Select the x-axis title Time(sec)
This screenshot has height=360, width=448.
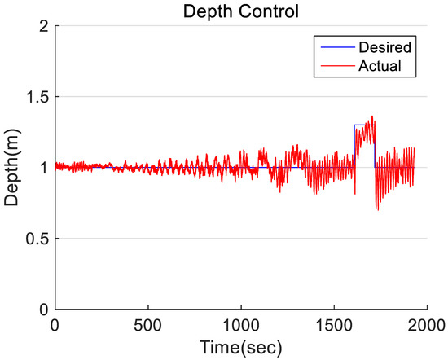(x=241, y=348)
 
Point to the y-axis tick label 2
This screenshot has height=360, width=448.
(x=42, y=26)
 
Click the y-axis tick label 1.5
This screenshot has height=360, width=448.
(x=35, y=97)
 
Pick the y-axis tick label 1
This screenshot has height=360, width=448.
(x=42, y=168)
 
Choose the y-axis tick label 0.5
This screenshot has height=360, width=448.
(x=35, y=239)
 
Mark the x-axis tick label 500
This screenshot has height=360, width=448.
(x=147, y=325)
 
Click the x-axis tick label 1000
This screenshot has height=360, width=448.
(x=241, y=325)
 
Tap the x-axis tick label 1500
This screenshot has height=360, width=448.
(x=335, y=325)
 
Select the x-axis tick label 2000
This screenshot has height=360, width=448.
(x=428, y=325)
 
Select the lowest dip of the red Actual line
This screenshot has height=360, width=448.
(x=377, y=209)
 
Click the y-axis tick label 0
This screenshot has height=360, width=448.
(x=42, y=310)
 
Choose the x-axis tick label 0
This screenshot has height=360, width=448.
(x=55, y=325)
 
